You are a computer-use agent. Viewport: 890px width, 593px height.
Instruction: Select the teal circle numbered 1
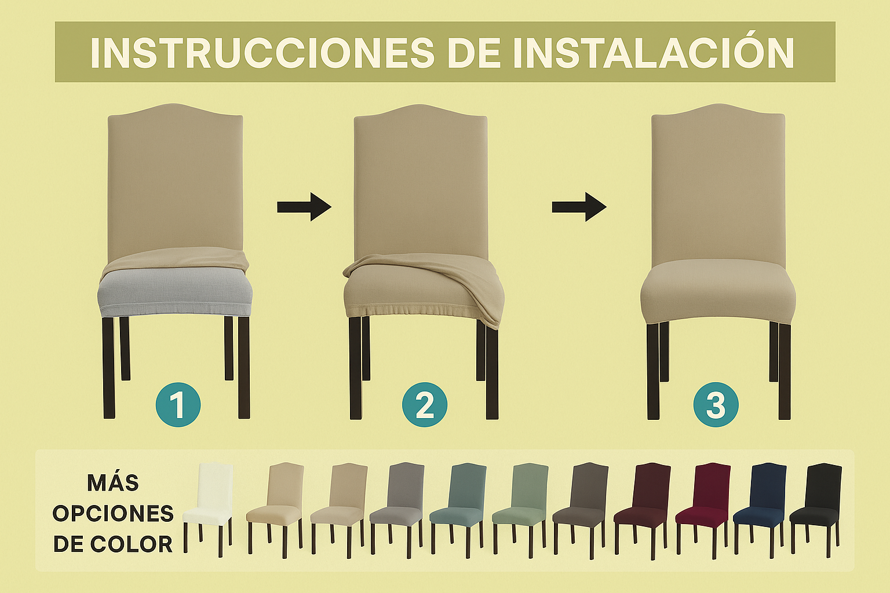click(x=178, y=405)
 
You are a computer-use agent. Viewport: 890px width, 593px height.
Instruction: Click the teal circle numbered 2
click(x=425, y=405)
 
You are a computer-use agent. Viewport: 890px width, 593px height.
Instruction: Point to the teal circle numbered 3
click(x=716, y=405)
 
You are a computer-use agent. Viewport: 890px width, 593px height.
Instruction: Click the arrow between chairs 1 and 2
click(x=304, y=207)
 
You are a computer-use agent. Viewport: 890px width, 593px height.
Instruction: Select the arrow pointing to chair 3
click(x=579, y=207)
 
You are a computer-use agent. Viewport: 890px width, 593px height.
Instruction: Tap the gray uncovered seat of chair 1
click(x=175, y=294)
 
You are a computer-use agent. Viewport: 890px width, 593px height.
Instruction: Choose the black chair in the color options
click(x=816, y=510)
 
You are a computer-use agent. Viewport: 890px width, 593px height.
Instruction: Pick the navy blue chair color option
click(x=760, y=510)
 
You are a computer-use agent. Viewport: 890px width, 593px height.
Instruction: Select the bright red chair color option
click(x=703, y=510)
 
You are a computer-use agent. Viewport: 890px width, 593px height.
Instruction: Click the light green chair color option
click(x=520, y=510)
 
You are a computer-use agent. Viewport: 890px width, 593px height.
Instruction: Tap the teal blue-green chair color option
click(x=458, y=510)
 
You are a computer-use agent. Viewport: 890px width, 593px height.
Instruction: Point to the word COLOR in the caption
click(x=131, y=544)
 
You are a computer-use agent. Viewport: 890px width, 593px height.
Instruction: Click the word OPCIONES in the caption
click(x=113, y=514)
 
